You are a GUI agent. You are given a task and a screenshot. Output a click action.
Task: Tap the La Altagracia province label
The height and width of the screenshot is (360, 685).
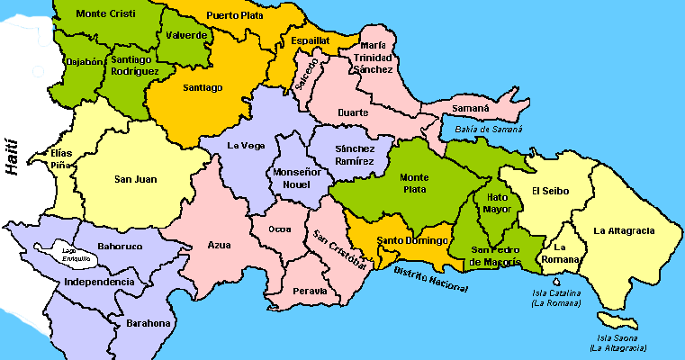click(624, 230)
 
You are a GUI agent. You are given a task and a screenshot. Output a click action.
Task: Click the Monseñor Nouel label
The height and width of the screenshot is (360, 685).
click(293, 176)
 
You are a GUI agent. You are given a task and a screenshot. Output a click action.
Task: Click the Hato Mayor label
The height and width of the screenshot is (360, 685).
click(498, 202)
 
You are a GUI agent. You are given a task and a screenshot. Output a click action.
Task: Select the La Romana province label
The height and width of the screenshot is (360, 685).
click(564, 253)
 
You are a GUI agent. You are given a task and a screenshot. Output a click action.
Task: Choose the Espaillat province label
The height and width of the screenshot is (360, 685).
click(311, 40)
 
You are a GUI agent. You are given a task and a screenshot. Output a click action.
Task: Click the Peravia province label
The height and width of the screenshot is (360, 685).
click(310, 291)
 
